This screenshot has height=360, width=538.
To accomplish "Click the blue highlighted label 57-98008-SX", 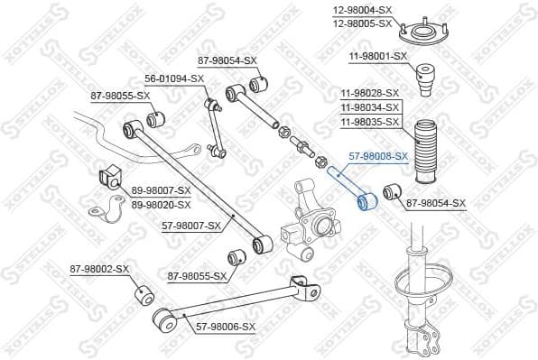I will click(x=377, y=155).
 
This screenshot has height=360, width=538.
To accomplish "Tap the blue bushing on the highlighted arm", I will click(x=366, y=200).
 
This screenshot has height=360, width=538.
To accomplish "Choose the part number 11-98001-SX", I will click(x=378, y=56).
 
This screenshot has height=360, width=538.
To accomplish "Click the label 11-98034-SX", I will click(x=370, y=106).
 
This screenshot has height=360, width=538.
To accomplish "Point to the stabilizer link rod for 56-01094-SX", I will click(x=214, y=127).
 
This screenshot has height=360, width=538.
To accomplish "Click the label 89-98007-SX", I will click(x=161, y=190).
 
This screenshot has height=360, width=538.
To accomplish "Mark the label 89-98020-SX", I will click(x=161, y=204).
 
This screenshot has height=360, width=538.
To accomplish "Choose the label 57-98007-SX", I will click(x=190, y=225).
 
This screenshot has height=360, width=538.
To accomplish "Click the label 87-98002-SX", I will click(x=100, y=269).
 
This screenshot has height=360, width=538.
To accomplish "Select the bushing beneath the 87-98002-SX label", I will click(x=142, y=294).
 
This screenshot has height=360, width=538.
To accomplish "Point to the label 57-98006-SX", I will click(x=226, y=326).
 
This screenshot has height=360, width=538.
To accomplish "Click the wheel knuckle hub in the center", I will click(x=312, y=222).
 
